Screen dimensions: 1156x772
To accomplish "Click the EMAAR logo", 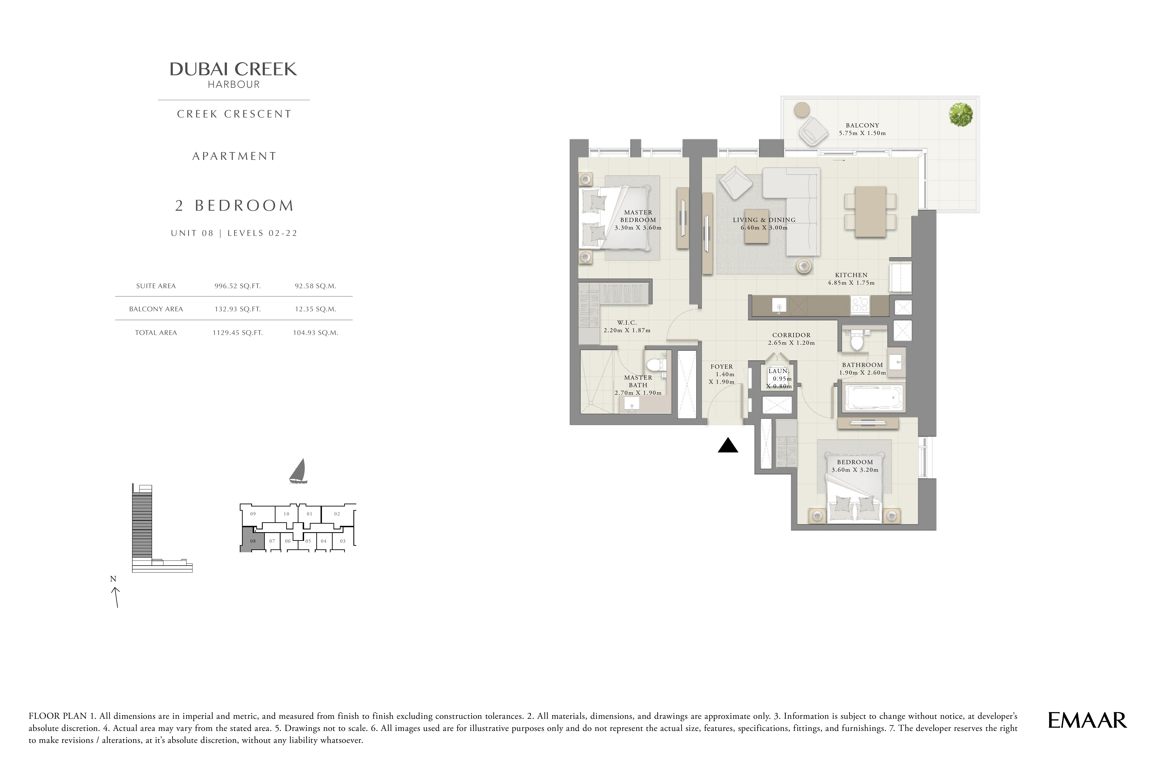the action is tap(1087, 720).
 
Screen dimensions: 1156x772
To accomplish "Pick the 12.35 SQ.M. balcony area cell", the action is tap(315, 309).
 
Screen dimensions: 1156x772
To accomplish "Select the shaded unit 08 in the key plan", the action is tap(252, 540).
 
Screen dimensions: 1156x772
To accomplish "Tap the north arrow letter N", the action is tap(113, 579).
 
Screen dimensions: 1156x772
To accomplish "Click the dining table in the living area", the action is tap(870, 212).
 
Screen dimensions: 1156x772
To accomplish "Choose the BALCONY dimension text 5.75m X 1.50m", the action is tap(862, 133).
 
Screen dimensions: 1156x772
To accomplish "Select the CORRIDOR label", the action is tap(791, 335).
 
